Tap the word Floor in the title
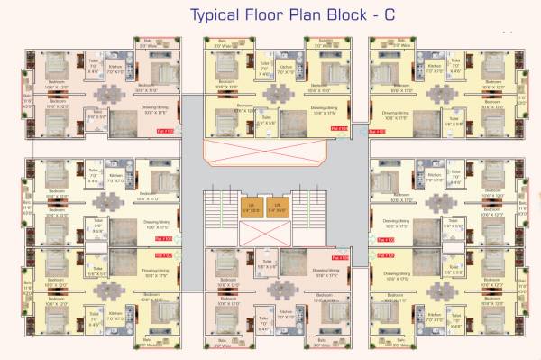(270, 14)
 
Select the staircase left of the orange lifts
(217, 217)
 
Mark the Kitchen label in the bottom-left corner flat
(115, 315)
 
